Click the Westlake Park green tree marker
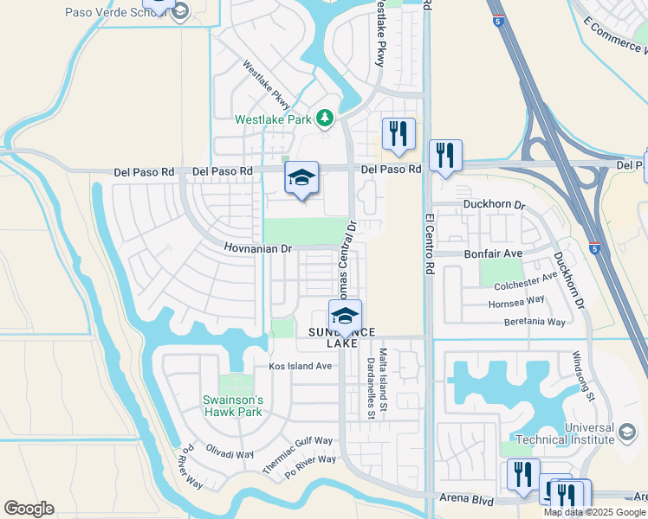(x=324, y=117)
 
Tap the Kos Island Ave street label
(x=301, y=366)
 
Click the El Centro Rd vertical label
(x=428, y=245)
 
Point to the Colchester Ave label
(x=526, y=281)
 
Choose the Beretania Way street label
(x=535, y=322)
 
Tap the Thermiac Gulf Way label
(x=298, y=453)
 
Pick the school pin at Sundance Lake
(x=345, y=315)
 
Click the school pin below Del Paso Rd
(x=301, y=178)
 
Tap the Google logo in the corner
(x=29, y=509)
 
